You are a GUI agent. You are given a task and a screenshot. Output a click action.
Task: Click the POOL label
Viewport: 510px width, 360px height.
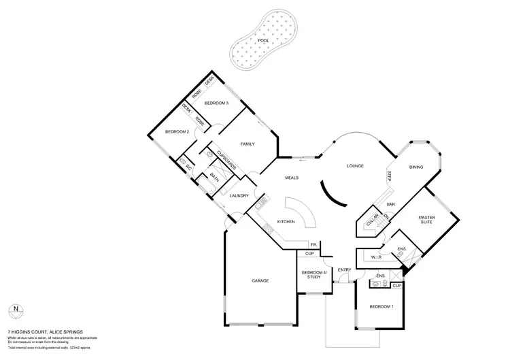click(262, 41)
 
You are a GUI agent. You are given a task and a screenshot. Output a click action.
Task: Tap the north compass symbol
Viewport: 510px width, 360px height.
click(16, 312)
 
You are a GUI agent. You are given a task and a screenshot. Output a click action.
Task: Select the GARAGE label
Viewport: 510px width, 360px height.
click(260, 280)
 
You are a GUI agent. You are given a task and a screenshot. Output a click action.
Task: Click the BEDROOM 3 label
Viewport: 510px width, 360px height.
click(216, 103)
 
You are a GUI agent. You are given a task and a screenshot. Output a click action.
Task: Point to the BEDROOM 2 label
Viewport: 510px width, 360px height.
click(177, 131)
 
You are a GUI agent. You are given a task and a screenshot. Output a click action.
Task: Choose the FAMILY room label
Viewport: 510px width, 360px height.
click(248, 144)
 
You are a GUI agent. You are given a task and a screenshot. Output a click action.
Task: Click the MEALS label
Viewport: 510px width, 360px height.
click(292, 178)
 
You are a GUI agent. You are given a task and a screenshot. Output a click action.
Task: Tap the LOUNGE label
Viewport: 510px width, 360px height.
click(355, 166)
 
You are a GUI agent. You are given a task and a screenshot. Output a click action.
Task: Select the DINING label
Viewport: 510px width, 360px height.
click(416, 167)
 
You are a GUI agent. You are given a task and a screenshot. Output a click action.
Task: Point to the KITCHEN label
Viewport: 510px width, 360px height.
click(285, 223)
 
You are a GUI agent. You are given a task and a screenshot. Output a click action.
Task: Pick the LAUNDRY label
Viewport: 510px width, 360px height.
click(239, 196)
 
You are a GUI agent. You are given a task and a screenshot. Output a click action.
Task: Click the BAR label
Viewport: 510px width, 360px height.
click(392, 203)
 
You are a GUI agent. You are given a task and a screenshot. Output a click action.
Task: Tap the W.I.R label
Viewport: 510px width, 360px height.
click(376, 258)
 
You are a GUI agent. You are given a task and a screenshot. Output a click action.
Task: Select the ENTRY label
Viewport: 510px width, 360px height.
click(344, 269)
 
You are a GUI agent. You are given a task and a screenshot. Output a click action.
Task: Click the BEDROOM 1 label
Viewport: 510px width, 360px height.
click(381, 307)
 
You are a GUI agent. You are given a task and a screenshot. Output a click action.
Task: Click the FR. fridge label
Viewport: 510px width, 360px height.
click(314, 244)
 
